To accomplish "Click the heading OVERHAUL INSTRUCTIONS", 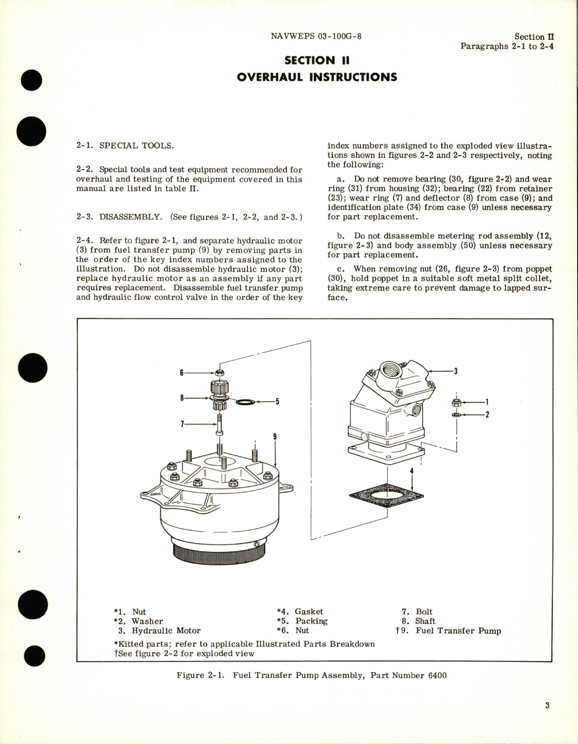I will tap(317, 77).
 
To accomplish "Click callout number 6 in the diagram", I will tap(182, 373).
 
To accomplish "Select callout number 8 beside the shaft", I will tap(182, 398).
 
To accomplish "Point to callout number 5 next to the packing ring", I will tap(277, 401).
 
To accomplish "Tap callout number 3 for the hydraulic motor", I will tap(456, 371).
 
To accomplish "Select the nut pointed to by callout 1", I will tap(456, 402).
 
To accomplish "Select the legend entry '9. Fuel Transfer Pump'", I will tap(448, 631).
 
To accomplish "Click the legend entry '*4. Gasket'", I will tap(300, 612).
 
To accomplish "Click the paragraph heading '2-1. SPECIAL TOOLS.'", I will tap(125, 146).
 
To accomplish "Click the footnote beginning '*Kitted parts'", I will tap(244, 644).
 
